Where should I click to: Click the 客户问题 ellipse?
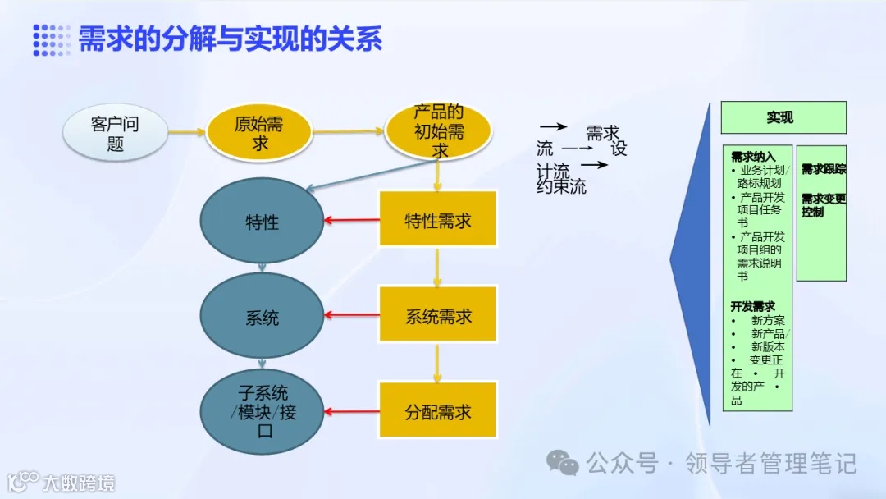pyautogui.click(x=115, y=134)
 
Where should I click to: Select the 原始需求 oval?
pyautogui.click(x=260, y=134)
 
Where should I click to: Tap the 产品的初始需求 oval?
pyautogui.click(x=439, y=131)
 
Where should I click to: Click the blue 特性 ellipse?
pyautogui.click(x=262, y=222)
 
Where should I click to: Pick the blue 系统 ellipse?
pyautogui.click(x=262, y=317)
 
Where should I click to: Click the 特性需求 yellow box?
pyautogui.click(x=438, y=220)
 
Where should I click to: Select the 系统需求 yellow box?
pyautogui.click(x=438, y=315)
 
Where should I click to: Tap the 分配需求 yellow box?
pyautogui.click(x=438, y=411)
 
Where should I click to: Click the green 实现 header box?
pyautogui.click(x=783, y=118)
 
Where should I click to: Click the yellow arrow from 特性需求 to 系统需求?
pyautogui.click(x=437, y=266)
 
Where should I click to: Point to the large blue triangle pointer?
pyautogui.click(x=693, y=263)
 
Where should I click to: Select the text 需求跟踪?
pyautogui.click(x=823, y=169)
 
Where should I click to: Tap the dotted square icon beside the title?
pyautogui.click(x=51, y=39)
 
